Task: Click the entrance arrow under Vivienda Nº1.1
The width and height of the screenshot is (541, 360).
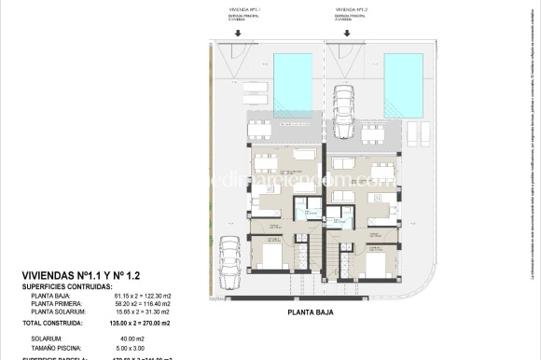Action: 239,35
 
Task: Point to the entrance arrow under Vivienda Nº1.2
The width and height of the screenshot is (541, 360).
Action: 350,35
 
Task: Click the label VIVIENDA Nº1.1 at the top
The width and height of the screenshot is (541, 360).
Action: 239,11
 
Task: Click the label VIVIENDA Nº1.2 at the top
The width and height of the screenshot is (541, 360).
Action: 350,11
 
